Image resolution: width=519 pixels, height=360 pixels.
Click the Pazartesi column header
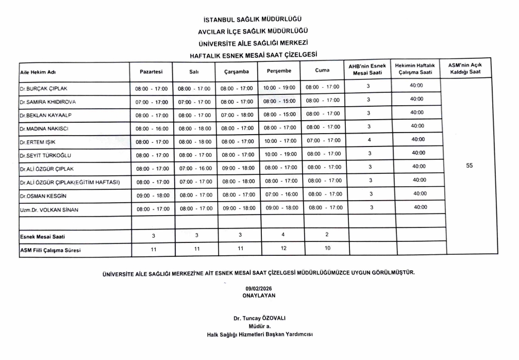[x=151, y=71]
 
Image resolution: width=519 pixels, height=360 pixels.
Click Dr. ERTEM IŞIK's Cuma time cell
[x=324, y=140]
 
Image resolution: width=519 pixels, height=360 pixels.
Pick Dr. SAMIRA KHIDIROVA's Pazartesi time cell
[x=152, y=102]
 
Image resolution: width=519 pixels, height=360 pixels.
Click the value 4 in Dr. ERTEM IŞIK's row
[x=369, y=140]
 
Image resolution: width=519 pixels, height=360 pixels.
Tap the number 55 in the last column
[x=469, y=166]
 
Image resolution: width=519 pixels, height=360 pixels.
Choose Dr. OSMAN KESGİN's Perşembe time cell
[x=281, y=194]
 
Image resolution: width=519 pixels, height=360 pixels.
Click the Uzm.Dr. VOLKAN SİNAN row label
[x=49, y=209]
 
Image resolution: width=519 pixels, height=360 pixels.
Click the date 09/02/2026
[x=259, y=289]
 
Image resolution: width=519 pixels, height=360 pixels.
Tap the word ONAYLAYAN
[x=259, y=296]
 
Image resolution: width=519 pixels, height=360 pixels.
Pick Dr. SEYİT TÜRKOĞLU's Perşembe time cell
[x=280, y=154]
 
